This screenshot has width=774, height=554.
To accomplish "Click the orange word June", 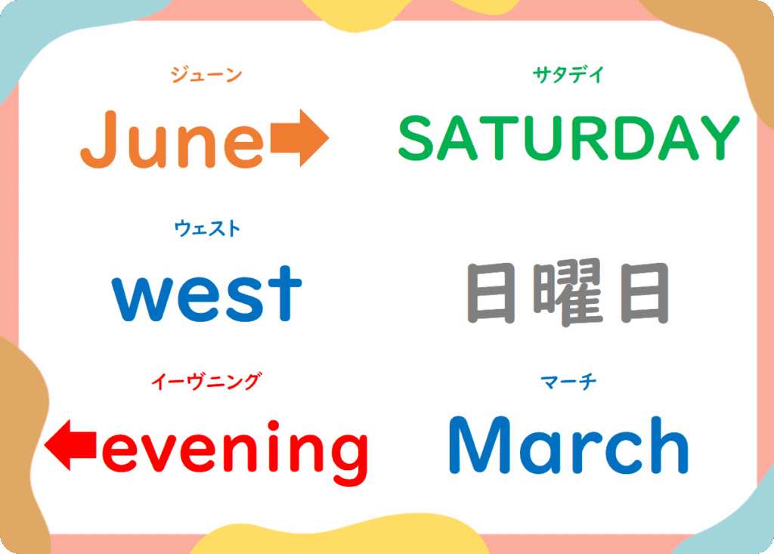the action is (172, 139).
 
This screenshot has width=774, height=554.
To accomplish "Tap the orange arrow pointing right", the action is (299, 138).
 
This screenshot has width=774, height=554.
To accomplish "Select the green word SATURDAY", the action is (569, 138).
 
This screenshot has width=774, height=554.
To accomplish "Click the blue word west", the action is (207, 293).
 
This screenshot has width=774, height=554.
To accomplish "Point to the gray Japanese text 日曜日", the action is (568, 292).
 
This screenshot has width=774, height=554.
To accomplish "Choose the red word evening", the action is (235, 452).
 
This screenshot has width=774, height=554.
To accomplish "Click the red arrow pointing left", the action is (70, 445).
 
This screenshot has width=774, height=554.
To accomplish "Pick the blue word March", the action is (568, 445).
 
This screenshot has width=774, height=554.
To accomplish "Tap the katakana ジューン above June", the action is (206, 75).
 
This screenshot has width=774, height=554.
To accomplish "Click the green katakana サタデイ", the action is (568, 75).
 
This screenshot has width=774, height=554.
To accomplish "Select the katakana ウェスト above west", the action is (207, 228).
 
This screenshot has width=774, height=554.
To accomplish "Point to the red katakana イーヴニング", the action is (206, 382).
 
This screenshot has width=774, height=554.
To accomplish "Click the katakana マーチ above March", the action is (568, 382).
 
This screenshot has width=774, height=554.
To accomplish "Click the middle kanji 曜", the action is (568, 292).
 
